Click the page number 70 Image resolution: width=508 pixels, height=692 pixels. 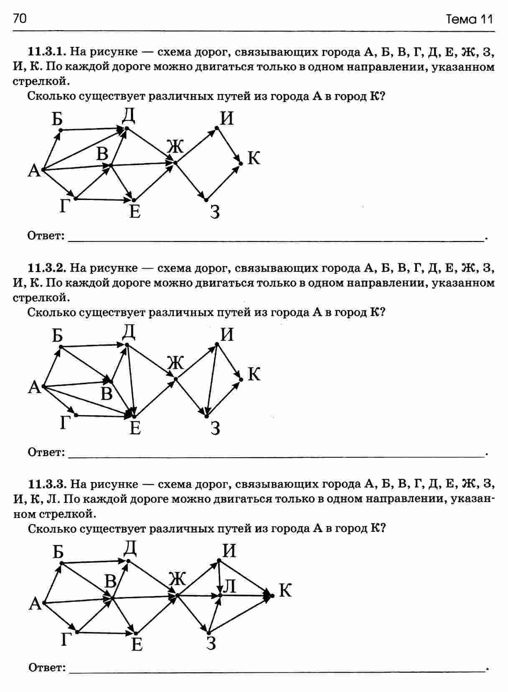[20, 18]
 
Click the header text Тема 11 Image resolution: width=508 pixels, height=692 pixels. [470, 19]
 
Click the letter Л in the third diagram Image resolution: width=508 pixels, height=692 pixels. [230, 586]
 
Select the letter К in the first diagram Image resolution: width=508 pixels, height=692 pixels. [254, 159]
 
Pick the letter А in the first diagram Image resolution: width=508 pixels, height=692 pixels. [34, 171]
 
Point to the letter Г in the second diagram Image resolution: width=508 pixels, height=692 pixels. [64, 423]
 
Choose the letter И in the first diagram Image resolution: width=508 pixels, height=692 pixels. [227, 119]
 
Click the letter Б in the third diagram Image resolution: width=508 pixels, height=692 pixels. [58, 552]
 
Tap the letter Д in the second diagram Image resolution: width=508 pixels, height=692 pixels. [129, 332]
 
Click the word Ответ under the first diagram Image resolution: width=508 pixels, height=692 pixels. [46, 236]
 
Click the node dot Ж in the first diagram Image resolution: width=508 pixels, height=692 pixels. [175, 163]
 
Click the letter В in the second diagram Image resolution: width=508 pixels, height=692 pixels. [107, 394]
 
